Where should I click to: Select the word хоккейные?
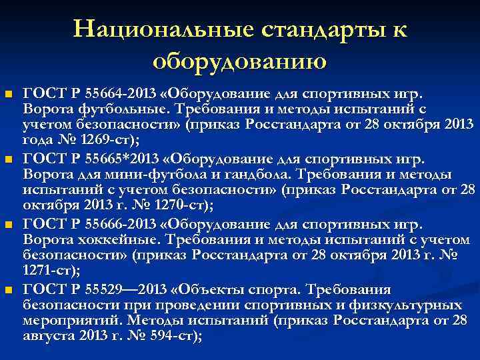(x=105, y=239)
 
